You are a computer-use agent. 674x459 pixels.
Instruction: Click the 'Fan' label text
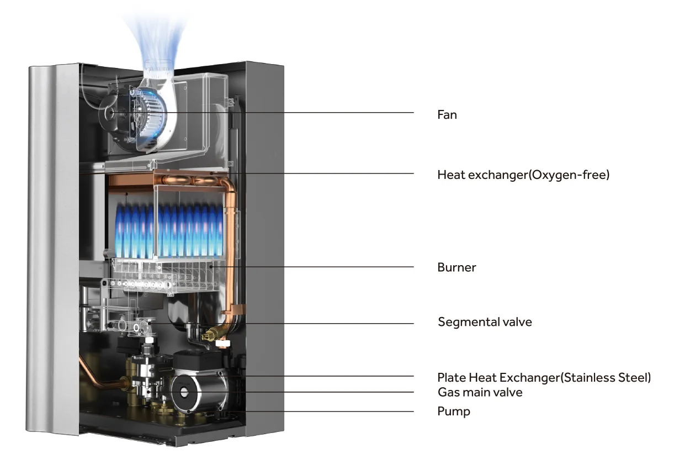pos(447,115)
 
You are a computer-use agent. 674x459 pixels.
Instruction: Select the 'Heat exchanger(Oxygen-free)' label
pos(523,175)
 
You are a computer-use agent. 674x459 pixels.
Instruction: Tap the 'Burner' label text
pos(457,267)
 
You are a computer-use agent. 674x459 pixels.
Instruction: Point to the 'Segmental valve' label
pos(485,321)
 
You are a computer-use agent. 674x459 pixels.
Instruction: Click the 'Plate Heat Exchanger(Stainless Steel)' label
pos(544,378)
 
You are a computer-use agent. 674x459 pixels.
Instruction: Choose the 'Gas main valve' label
pos(480,392)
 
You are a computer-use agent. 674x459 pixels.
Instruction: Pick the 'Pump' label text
pos(454,411)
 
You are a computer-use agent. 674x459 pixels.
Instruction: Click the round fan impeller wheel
pos(142,113)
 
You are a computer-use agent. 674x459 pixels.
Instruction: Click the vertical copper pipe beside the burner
pos(232,243)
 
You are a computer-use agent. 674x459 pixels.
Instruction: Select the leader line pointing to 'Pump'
pos(331,411)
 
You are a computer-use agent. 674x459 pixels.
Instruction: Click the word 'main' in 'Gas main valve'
pos(480,392)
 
